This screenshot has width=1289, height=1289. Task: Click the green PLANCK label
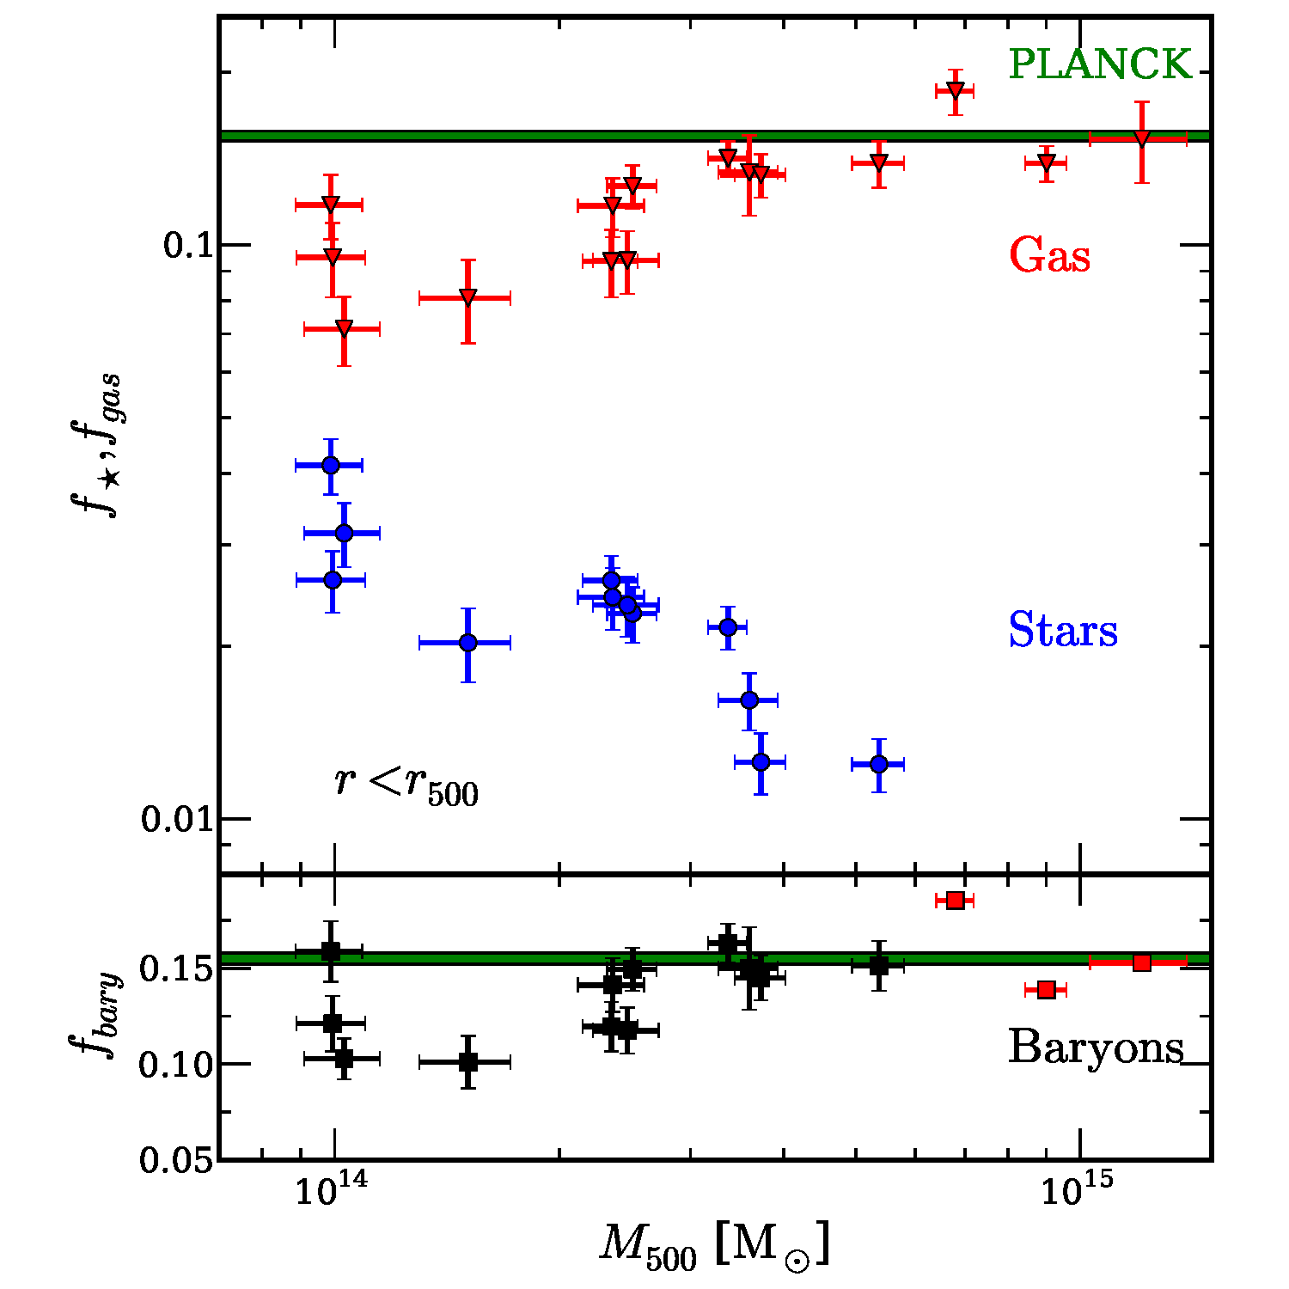pos(1100,64)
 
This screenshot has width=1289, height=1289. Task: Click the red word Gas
pos(1049,256)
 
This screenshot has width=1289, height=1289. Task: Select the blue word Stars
pos(1063,630)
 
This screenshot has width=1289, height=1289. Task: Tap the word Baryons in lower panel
pos(1096,1047)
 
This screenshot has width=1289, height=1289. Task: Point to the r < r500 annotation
pos(406,785)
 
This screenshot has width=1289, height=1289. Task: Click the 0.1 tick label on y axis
pos(187,246)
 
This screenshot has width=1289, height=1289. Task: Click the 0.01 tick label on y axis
pos(176,819)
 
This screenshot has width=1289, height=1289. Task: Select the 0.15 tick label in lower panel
pos(175,969)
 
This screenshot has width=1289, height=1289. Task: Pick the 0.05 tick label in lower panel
pos(175,1161)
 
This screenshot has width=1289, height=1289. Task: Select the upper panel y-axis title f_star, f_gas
pos(95,447)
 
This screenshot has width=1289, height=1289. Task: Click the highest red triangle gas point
pos(955,90)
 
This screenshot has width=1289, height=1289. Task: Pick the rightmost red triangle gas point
pos(1141,139)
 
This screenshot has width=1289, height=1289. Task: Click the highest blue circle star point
pos(331,465)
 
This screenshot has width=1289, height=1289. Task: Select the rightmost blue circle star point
pos(878,763)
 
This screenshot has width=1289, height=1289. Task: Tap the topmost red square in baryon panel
pos(955,900)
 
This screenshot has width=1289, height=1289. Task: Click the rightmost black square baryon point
pos(878,965)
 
